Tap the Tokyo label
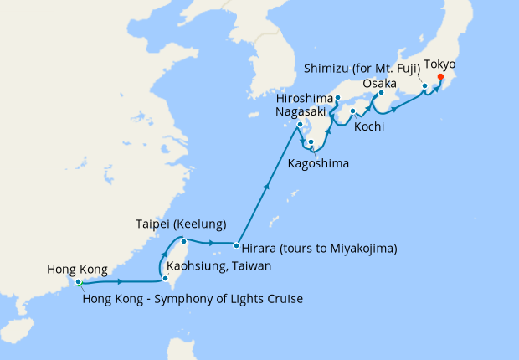coord(440,64)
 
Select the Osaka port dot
coord(382,93)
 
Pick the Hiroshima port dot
coord(337,99)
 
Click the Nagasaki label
coord(302,111)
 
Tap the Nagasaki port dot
coord(300,126)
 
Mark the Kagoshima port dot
coord(311,142)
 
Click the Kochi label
coord(369,127)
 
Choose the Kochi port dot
coord(353,111)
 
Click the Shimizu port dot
coord(424,86)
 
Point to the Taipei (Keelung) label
coord(181,224)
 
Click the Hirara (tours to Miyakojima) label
coord(319,248)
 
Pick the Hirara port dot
coord(236,246)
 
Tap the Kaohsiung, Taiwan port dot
coord(165,279)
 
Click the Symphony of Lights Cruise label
coord(193,299)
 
